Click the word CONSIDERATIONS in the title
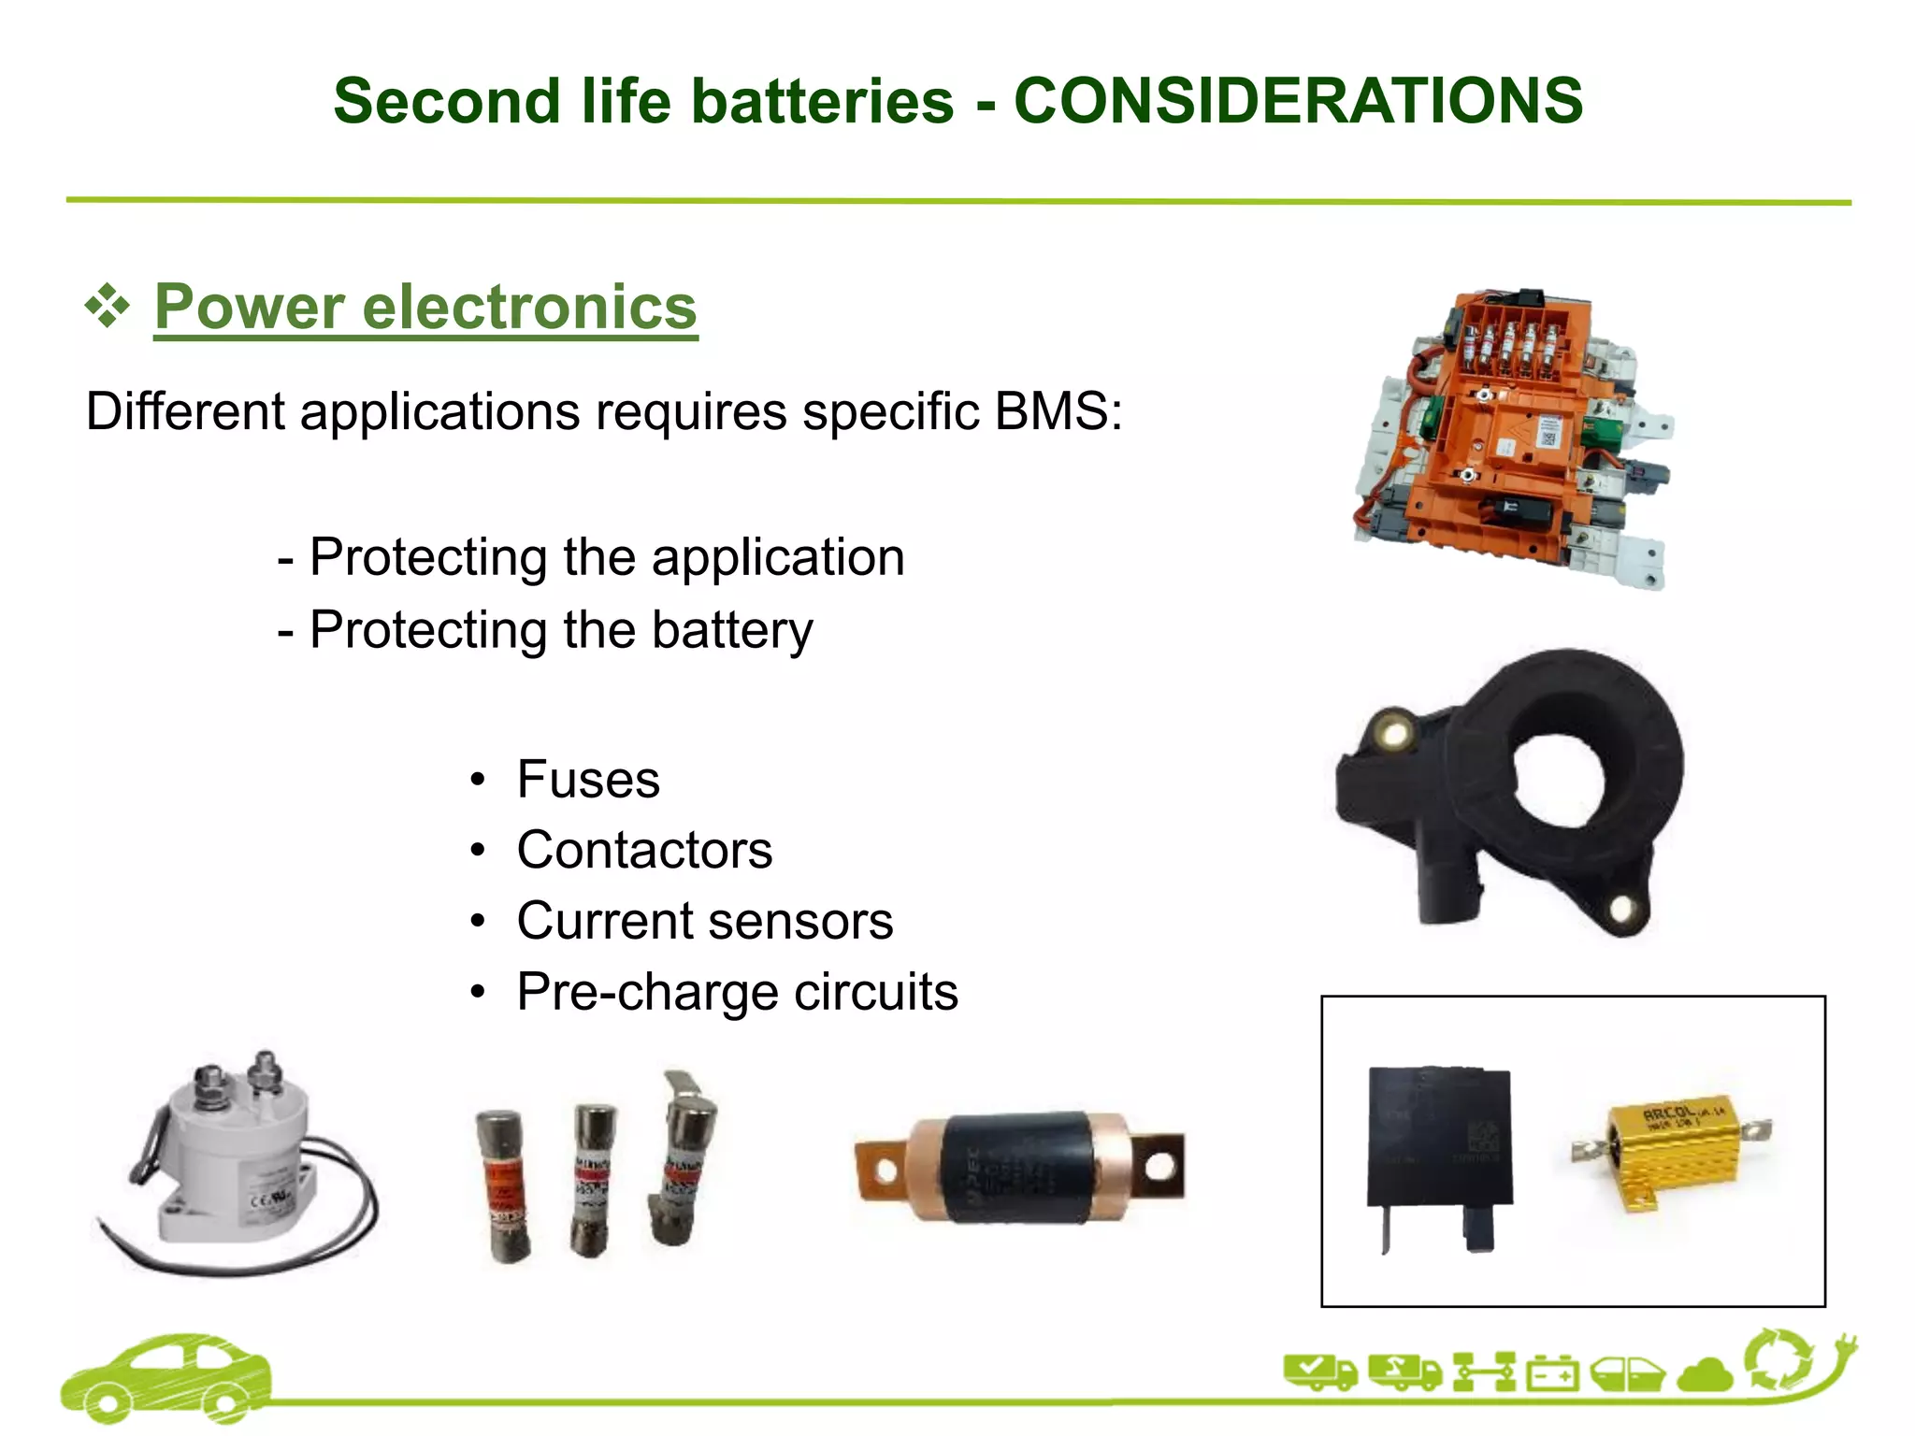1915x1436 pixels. pyautogui.click(x=1298, y=101)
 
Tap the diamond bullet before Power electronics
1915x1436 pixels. pyautogui.click(x=108, y=306)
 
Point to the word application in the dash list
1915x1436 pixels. pyautogui.click(x=778, y=558)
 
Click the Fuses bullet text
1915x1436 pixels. pyautogui.click(x=588, y=780)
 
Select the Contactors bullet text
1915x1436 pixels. pyautogui.click(x=644, y=851)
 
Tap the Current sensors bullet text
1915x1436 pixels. pyautogui.click(x=704, y=922)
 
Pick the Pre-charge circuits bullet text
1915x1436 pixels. pyautogui.click(x=737, y=992)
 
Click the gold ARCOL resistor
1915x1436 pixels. pyautogui.click(x=1669, y=1155)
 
